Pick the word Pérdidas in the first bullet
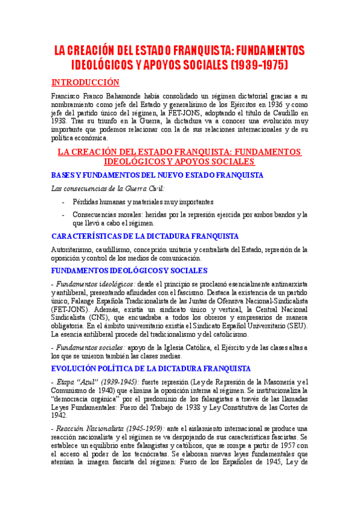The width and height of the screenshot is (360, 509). (87, 202)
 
